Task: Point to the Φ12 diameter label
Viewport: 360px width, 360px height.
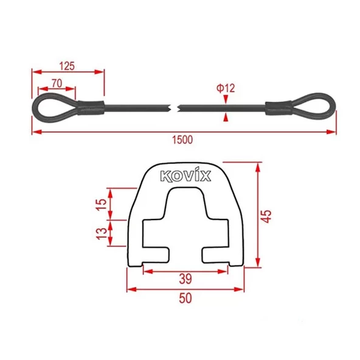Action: pos(226,88)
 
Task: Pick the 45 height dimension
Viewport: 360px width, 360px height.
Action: pos(268,216)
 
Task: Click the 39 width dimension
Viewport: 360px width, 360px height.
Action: pos(186,279)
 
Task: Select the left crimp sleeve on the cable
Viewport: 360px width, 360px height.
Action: pos(89,108)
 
